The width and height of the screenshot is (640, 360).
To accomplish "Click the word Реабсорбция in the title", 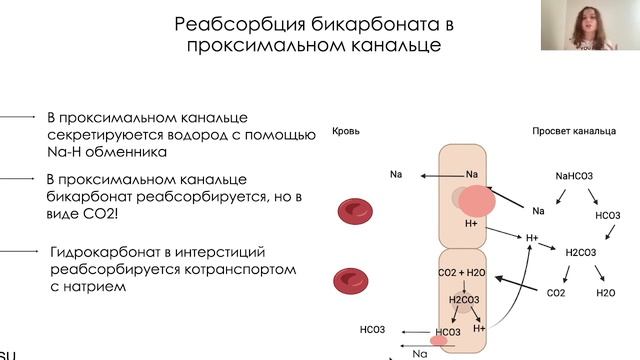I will pyautogui.click(x=230, y=23).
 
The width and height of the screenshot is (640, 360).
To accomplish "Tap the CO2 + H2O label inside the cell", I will pyautogui.click(x=461, y=272).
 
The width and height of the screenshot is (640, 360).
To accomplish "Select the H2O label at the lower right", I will pyautogui.click(x=605, y=294).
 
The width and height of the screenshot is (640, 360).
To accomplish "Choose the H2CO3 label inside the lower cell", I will pyautogui.click(x=464, y=299).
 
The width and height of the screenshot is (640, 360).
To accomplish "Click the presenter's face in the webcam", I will pyautogui.click(x=583, y=22).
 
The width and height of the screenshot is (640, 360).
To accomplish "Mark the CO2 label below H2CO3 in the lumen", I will pyautogui.click(x=555, y=294).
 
